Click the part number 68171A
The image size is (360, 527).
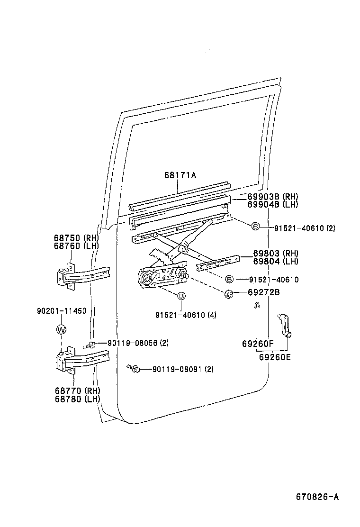point(180,175)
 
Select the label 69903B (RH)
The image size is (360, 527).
point(272,197)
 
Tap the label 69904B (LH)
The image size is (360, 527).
point(272,204)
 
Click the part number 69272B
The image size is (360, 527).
point(263,292)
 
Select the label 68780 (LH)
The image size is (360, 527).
point(78,399)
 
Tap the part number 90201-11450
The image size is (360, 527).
point(62,311)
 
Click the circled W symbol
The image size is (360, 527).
point(62,329)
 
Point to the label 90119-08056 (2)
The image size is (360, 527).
point(138,343)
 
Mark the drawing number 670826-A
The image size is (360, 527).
point(317,497)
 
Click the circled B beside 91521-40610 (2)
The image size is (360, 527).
point(255,227)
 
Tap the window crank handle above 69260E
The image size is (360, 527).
point(284,324)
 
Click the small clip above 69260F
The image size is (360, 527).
point(256,305)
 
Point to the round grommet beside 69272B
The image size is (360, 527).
point(228,294)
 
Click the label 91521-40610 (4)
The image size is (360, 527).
point(185,315)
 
